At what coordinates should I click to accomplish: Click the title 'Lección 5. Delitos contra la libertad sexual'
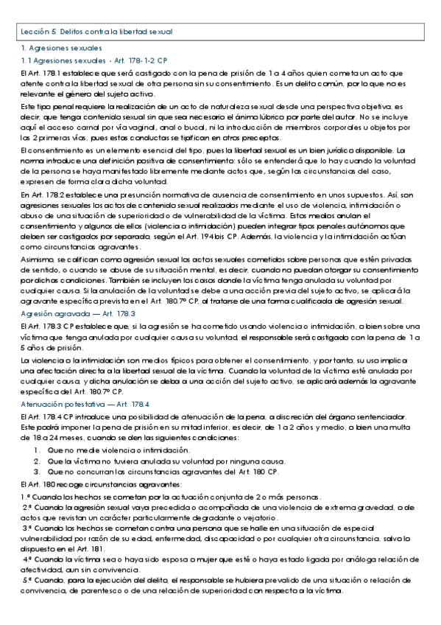coord(96,32)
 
